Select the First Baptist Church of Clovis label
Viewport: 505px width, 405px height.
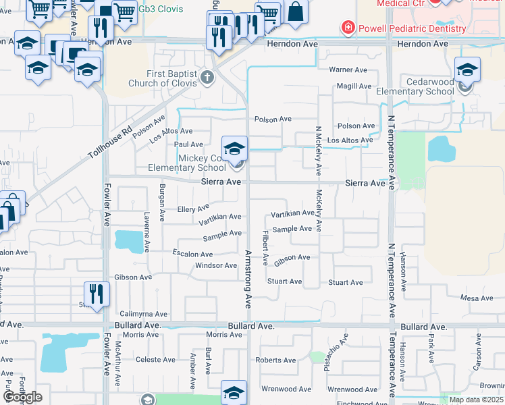point(173,78)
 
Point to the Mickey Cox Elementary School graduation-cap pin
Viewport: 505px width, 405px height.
point(235,148)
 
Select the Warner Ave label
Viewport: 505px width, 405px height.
point(348,70)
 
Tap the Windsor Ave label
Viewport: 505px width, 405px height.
point(216,265)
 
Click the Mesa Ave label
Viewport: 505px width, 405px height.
point(477,298)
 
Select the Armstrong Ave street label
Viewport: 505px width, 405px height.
point(248,278)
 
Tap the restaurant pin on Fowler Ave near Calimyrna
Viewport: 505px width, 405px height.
point(97,294)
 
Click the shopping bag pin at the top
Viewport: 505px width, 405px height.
point(296,11)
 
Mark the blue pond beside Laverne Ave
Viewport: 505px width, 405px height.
point(124,240)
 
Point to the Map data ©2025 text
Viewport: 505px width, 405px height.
point(475,400)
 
